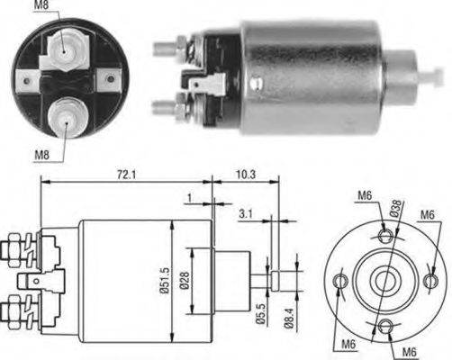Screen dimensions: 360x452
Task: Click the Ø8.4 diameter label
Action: click(288, 319)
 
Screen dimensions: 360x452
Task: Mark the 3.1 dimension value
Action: click(246, 213)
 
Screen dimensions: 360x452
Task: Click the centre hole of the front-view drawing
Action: click(385, 279)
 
